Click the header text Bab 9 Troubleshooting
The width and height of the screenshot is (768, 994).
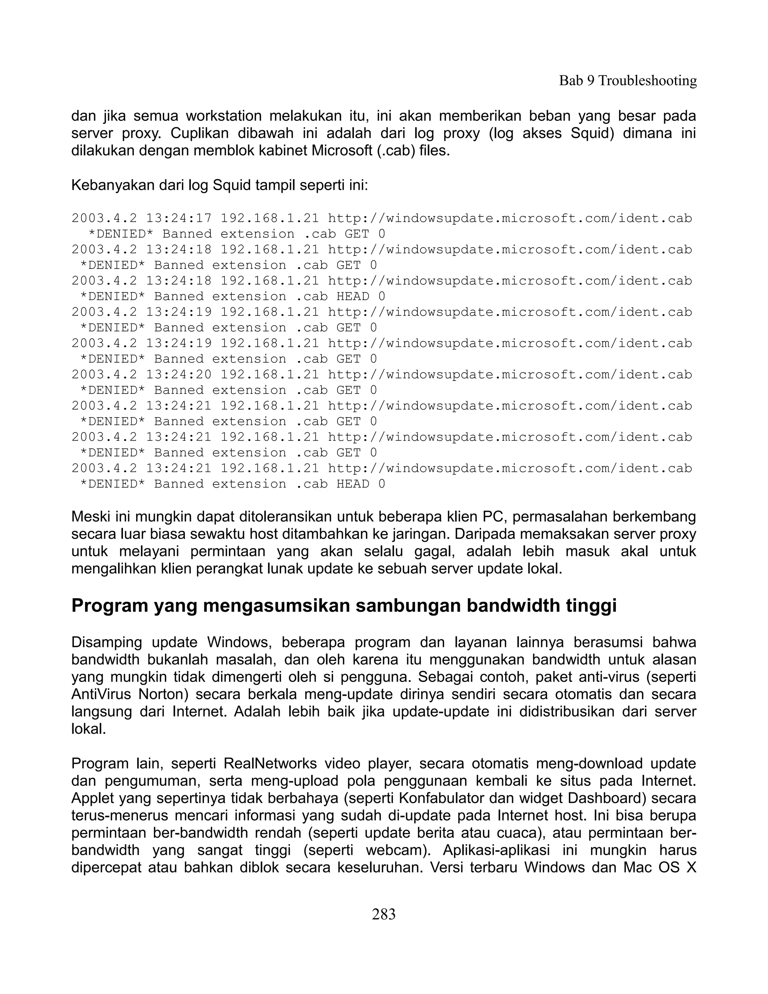click(x=627, y=81)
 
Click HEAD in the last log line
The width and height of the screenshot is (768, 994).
click(x=352, y=484)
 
